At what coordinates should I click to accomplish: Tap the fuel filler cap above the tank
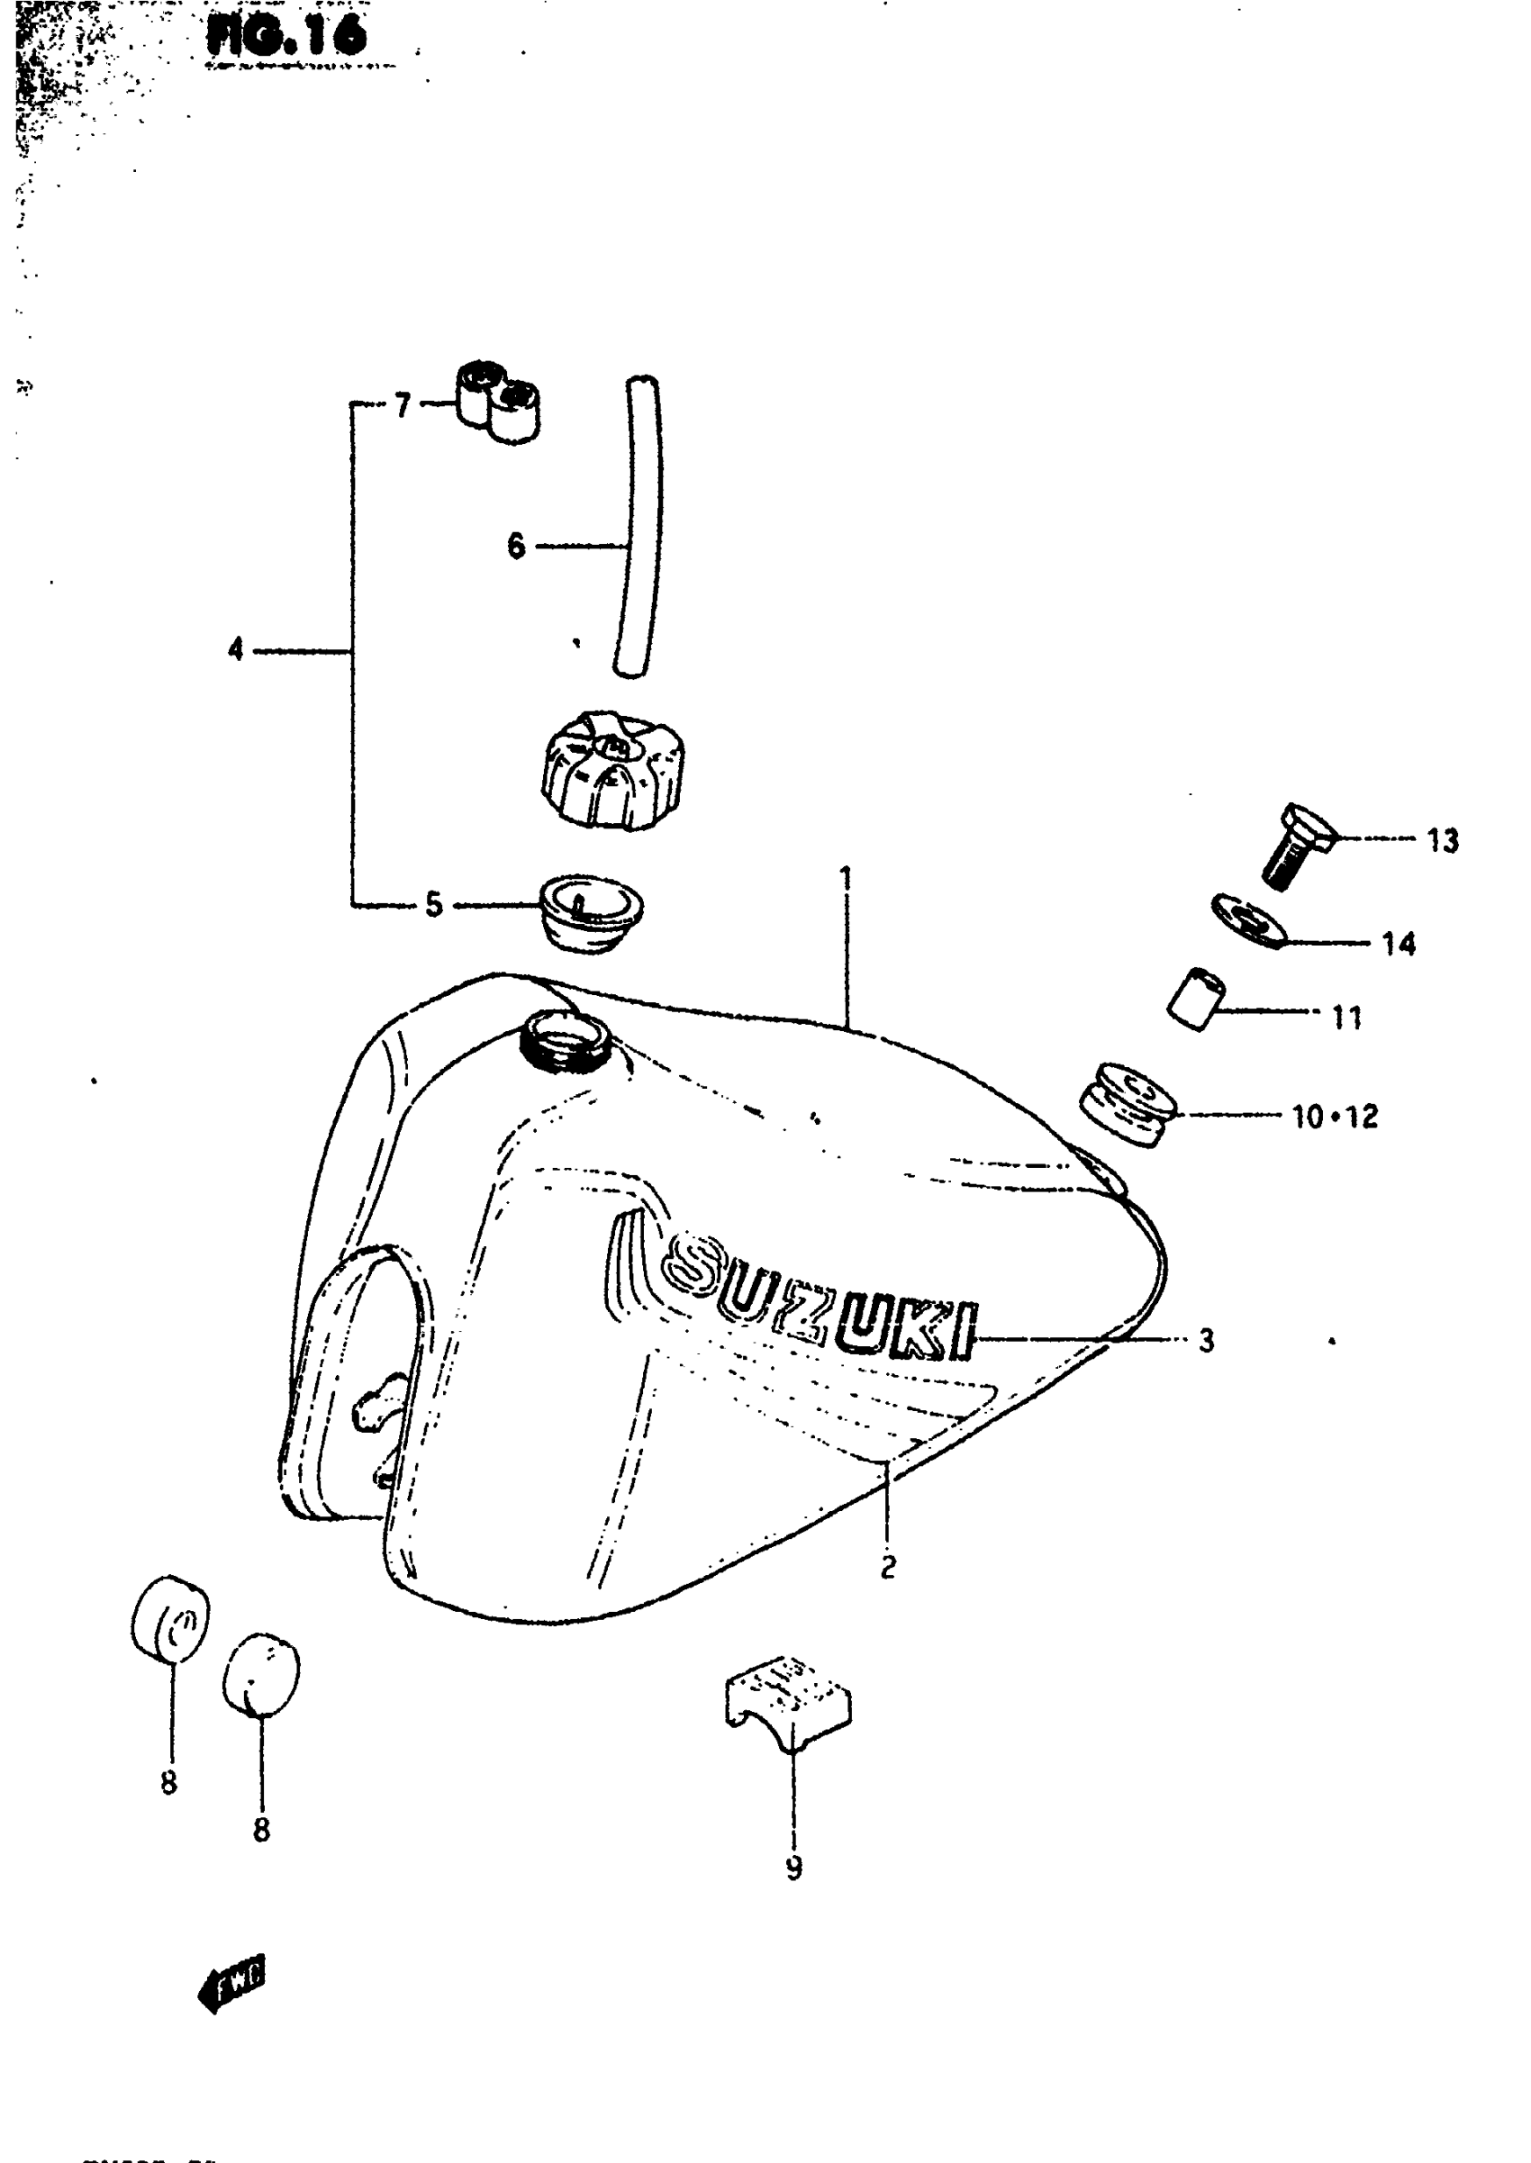pyautogui.click(x=611, y=770)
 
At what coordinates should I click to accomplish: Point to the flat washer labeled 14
pyautogui.click(x=1249, y=920)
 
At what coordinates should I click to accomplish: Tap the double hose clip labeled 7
pyautogui.click(x=500, y=402)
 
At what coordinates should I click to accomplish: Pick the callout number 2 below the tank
pyautogui.click(x=887, y=1569)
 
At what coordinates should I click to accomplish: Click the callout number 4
pyautogui.click(x=236, y=648)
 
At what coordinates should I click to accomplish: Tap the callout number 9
pyautogui.click(x=793, y=1868)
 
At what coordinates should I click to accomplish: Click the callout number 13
pyautogui.click(x=1443, y=840)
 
